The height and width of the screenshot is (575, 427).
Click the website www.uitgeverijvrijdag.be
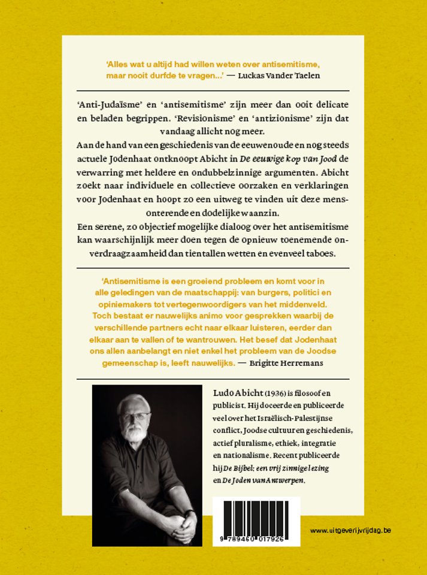coord(350,531)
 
